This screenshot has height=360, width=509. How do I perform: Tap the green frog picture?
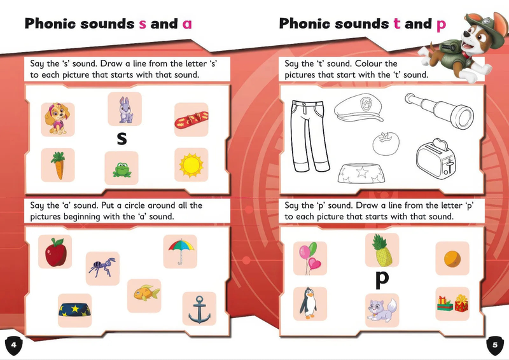[x=121, y=169]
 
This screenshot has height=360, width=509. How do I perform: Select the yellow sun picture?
[x=190, y=165]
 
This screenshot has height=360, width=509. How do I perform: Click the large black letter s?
[x=122, y=137]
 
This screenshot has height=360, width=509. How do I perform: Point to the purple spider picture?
[x=102, y=268]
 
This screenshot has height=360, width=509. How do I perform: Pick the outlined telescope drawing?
[x=439, y=108]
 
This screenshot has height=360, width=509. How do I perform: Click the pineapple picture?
[x=382, y=250]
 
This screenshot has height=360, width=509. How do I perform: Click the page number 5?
[x=495, y=345]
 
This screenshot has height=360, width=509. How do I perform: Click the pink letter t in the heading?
[x=396, y=24]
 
